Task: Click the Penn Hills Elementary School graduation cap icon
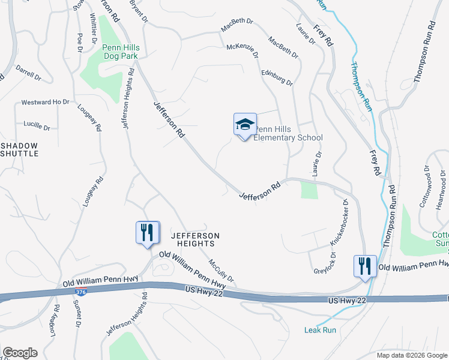point(245,125)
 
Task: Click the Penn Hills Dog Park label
point(120,52)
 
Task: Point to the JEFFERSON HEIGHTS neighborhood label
point(194,239)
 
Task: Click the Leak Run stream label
point(320,329)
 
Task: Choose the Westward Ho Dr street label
point(46,102)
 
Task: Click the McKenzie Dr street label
point(243,52)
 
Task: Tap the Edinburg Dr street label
point(277,77)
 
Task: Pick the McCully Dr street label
point(220,272)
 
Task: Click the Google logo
point(20,353)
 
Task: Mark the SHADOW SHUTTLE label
point(19,149)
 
